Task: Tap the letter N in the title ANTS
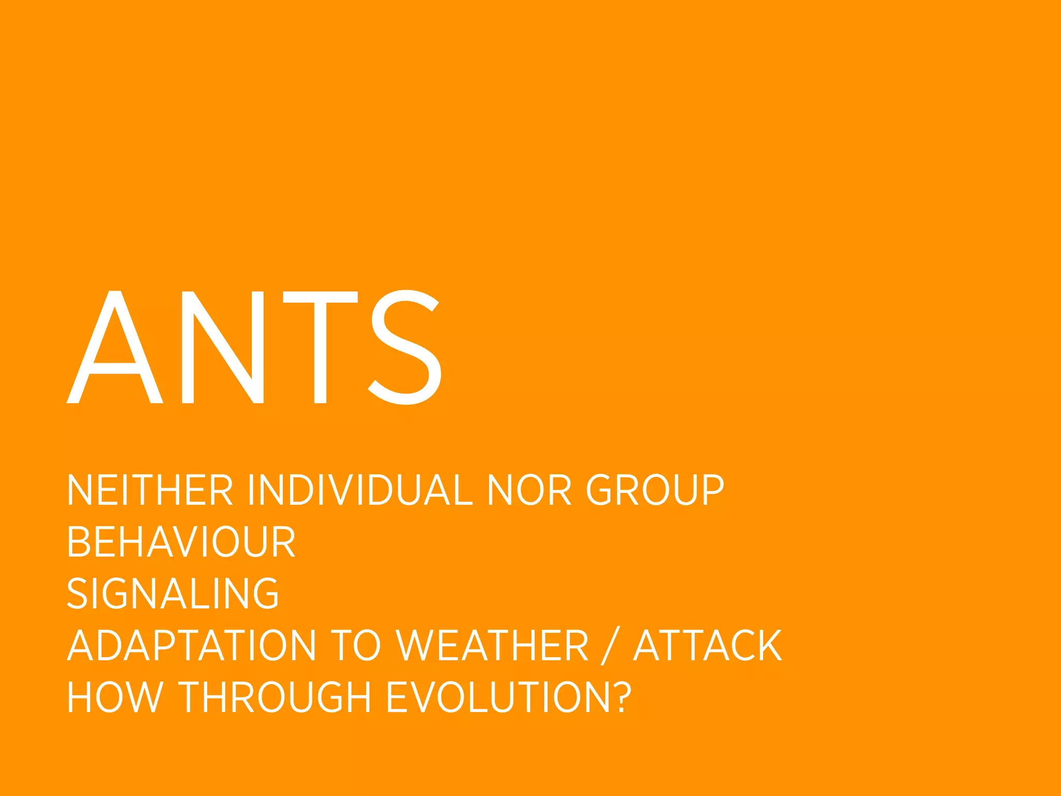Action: pyautogui.click(x=223, y=347)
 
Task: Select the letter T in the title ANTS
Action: pyautogui.click(x=320, y=347)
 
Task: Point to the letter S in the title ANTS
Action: pyautogui.click(x=405, y=347)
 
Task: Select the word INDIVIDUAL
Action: pyautogui.click(x=360, y=490)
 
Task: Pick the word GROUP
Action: pyautogui.click(x=655, y=490)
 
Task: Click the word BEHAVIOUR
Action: pyautogui.click(x=181, y=542)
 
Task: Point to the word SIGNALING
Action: pyautogui.click(x=173, y=594)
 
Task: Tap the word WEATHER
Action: pyautogui.click(x=492, y=646)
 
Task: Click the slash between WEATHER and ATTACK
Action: pyautogui.click(x=610, y=646)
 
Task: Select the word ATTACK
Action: pyautogui.click(x=708, y=646)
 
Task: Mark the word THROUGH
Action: pyautogui.click(x=275, y=698)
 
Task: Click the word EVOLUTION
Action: pyautogui.click(x=497, y=698)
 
